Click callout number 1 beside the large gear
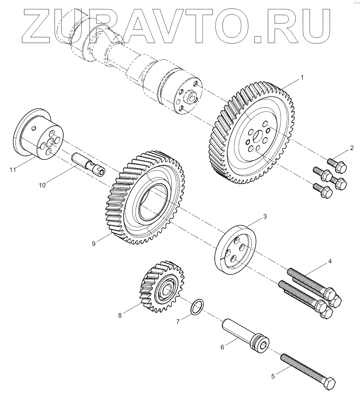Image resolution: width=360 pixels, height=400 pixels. [302, 77]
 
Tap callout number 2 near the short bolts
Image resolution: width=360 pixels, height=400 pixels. [352, 148]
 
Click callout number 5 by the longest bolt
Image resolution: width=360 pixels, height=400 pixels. [273, 376]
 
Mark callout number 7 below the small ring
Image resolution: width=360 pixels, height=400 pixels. [178, 322]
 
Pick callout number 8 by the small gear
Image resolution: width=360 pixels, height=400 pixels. [120, 315]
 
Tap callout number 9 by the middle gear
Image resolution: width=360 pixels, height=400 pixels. [94, 244]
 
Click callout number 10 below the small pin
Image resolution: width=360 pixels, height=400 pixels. [42, 185]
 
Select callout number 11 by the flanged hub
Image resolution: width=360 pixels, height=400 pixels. [13, 170]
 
